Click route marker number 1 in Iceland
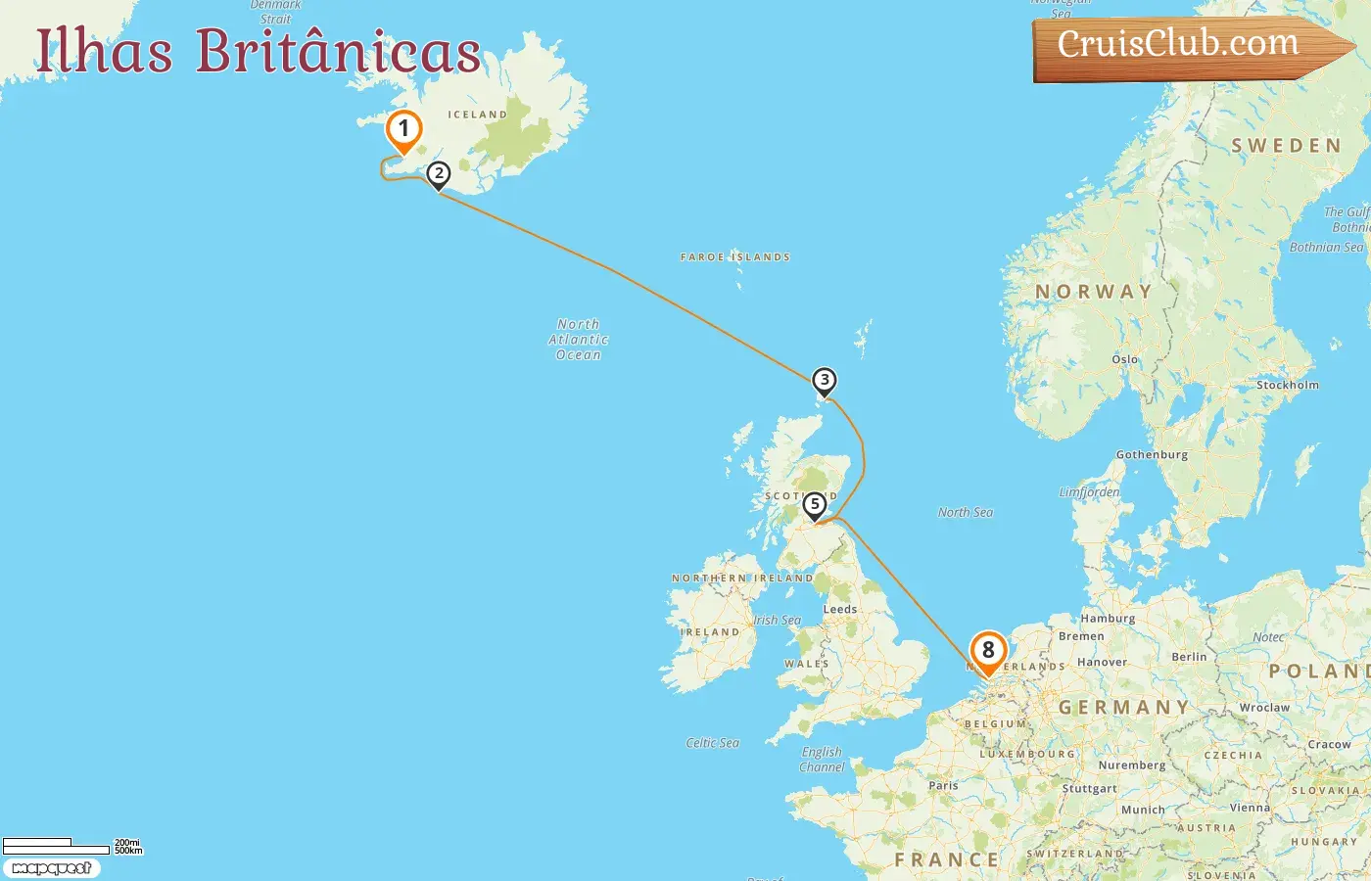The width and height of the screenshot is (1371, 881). (x=403, y=130)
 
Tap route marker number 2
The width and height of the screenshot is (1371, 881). (x=439, y=174)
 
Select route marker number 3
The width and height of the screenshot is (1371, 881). (x=825, y=380)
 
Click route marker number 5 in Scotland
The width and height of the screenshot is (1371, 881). (x=814, y=505)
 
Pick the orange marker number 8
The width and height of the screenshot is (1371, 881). (x=988, y=651)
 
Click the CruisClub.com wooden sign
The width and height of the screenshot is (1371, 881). (x=1179, y=45)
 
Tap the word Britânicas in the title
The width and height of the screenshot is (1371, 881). (x=338, y=51)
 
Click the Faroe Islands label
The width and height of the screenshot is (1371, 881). (x=734, y=257)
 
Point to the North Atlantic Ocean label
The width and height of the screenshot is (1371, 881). (x=579, y=339)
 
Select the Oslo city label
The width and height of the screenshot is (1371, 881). (x=1125, y=359)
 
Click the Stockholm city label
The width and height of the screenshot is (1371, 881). (x=1287, y=385)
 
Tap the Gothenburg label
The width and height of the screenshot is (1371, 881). (x=1152, y=454)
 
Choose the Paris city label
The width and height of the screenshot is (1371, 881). (x=943, y=785)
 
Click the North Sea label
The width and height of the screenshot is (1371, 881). (x=965, y=512)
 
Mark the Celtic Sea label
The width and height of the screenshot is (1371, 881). (x=712, y=743)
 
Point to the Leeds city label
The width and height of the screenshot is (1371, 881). (x=839, y=609)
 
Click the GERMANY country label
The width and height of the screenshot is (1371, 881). (x=1123, y=707)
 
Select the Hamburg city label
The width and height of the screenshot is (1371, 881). (x=1108, y=619)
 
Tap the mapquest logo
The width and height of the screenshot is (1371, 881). (x=51, y=868)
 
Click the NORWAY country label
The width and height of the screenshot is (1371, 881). (x=1094, y=292)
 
